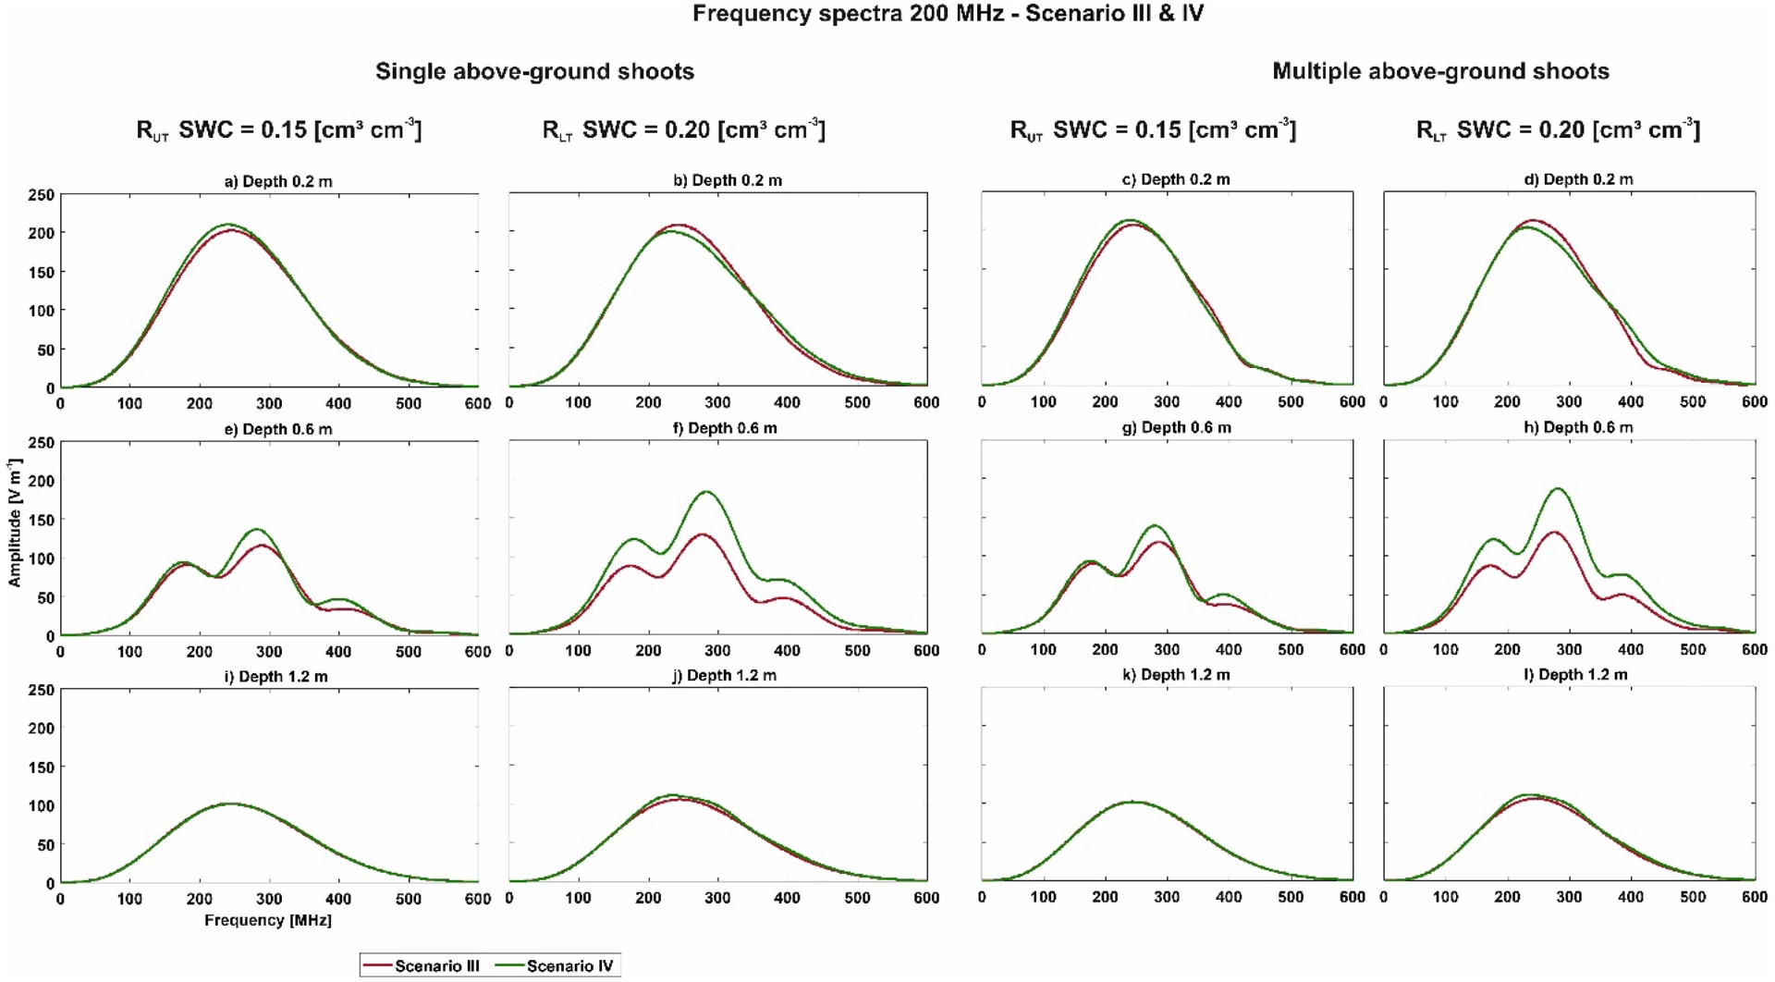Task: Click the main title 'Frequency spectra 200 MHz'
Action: pos(948,14)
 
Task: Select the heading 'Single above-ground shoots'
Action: pos(534,71)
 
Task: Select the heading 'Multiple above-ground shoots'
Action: pos(1440,71)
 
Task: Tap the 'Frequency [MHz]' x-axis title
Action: pos(268,921)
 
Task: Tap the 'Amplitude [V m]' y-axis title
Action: pos(15,522)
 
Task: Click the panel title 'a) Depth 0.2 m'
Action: pos(278,181)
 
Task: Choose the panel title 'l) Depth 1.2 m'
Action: pos(1575,675)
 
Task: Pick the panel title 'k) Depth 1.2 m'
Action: pos(1176,675)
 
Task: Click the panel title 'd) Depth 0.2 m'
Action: pos(1578,179)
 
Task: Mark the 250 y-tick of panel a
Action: pos(43,195)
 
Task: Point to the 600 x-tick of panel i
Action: pos(478,899)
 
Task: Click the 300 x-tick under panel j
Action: pos(717,898)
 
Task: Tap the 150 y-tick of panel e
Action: pos(43,520)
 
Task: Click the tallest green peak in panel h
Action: pos(1559,488)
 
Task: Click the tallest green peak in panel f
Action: pos(707,491)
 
